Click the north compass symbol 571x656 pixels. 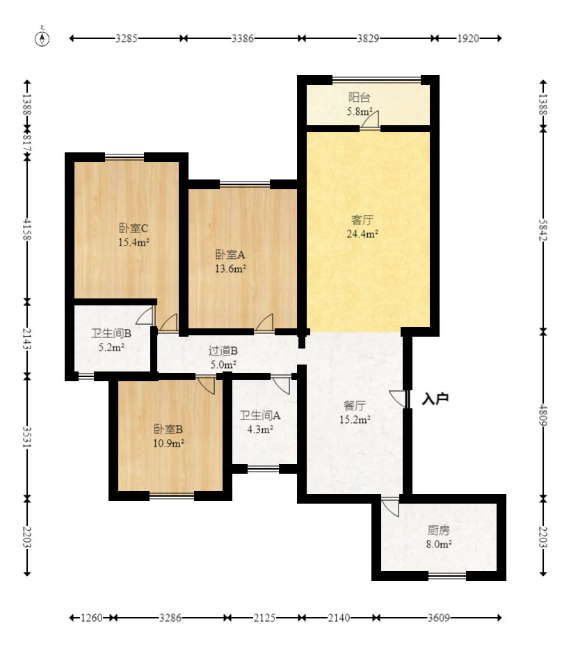coord(42,38)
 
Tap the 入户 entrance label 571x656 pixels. coord(435,399)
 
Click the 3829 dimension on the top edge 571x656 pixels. coord(368,38)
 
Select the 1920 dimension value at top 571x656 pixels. coord(467,38)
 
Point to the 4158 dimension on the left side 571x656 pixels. coord(27,230)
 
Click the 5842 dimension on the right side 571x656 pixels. coord(543,230)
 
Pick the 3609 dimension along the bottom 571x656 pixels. coord(438,618)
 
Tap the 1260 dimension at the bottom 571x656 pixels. coord(92,618)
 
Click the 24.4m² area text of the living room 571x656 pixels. coord(362,234)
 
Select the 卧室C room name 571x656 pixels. coord(134,228)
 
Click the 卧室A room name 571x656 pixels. coord(230,255)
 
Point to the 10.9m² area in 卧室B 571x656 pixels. coord(168,443)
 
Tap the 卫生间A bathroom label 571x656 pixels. coord(260,415)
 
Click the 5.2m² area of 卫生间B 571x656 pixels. coord(111,347)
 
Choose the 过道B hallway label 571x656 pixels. coord(223,351)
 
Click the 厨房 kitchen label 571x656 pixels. coord(438,531)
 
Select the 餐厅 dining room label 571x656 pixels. coord(354,406)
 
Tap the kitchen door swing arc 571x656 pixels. coord(389,507)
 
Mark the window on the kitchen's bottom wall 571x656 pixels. coord(447,576)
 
